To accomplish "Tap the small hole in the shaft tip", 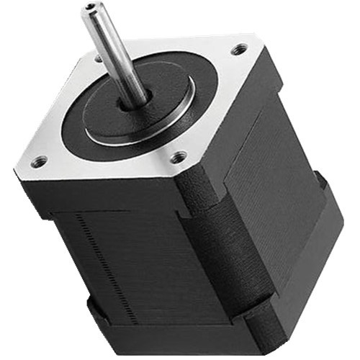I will pos(91,9).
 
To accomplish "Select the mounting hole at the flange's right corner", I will pos(238,50).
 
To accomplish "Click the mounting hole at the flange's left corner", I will pos(40,161).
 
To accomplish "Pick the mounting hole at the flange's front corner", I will pos(177,156).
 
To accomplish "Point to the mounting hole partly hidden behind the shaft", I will pos(98,58).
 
